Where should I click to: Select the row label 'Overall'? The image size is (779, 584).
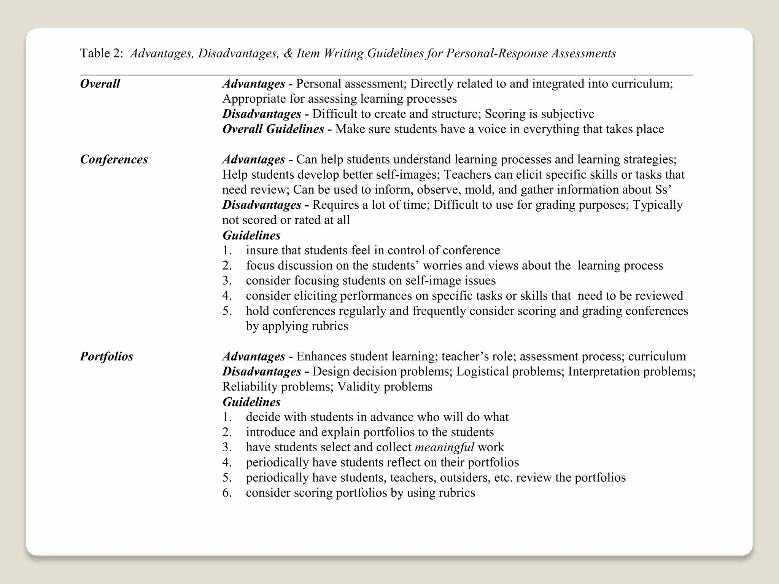[x=100, y=84]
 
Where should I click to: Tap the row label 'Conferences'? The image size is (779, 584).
[x=114, y=159]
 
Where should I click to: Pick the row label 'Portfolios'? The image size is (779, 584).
[x=107, y=356]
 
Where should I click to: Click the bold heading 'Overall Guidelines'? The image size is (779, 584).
[x=273, y=129]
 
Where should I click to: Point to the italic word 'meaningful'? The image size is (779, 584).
[x=444, y=447]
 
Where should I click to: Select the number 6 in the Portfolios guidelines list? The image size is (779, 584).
[x=227, y=493]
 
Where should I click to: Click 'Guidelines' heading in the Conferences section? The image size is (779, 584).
[x=251, y=235]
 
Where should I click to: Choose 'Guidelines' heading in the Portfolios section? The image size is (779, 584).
[x=251, y=402]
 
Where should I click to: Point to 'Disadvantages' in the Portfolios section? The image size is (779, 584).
[x=262, y=371]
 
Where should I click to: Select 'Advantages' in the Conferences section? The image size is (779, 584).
[x=254, y=159]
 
